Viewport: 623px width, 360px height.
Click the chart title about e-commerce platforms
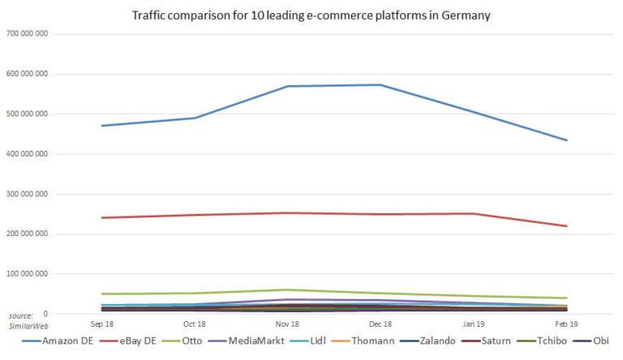point(312,15)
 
